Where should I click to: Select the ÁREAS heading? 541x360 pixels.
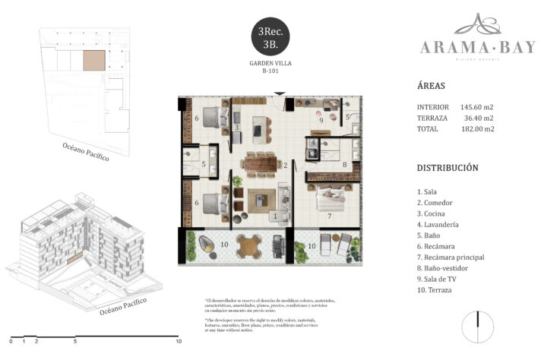point(432,85)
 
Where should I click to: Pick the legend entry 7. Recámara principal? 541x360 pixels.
point(451,257)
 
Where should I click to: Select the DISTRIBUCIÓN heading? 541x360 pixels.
point(448,168)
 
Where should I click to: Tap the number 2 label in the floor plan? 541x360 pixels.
point(285,165)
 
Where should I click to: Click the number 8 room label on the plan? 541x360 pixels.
point(344,163)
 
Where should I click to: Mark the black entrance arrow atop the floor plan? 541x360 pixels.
point(281,94)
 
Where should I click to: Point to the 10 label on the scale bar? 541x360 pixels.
point(178,343)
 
